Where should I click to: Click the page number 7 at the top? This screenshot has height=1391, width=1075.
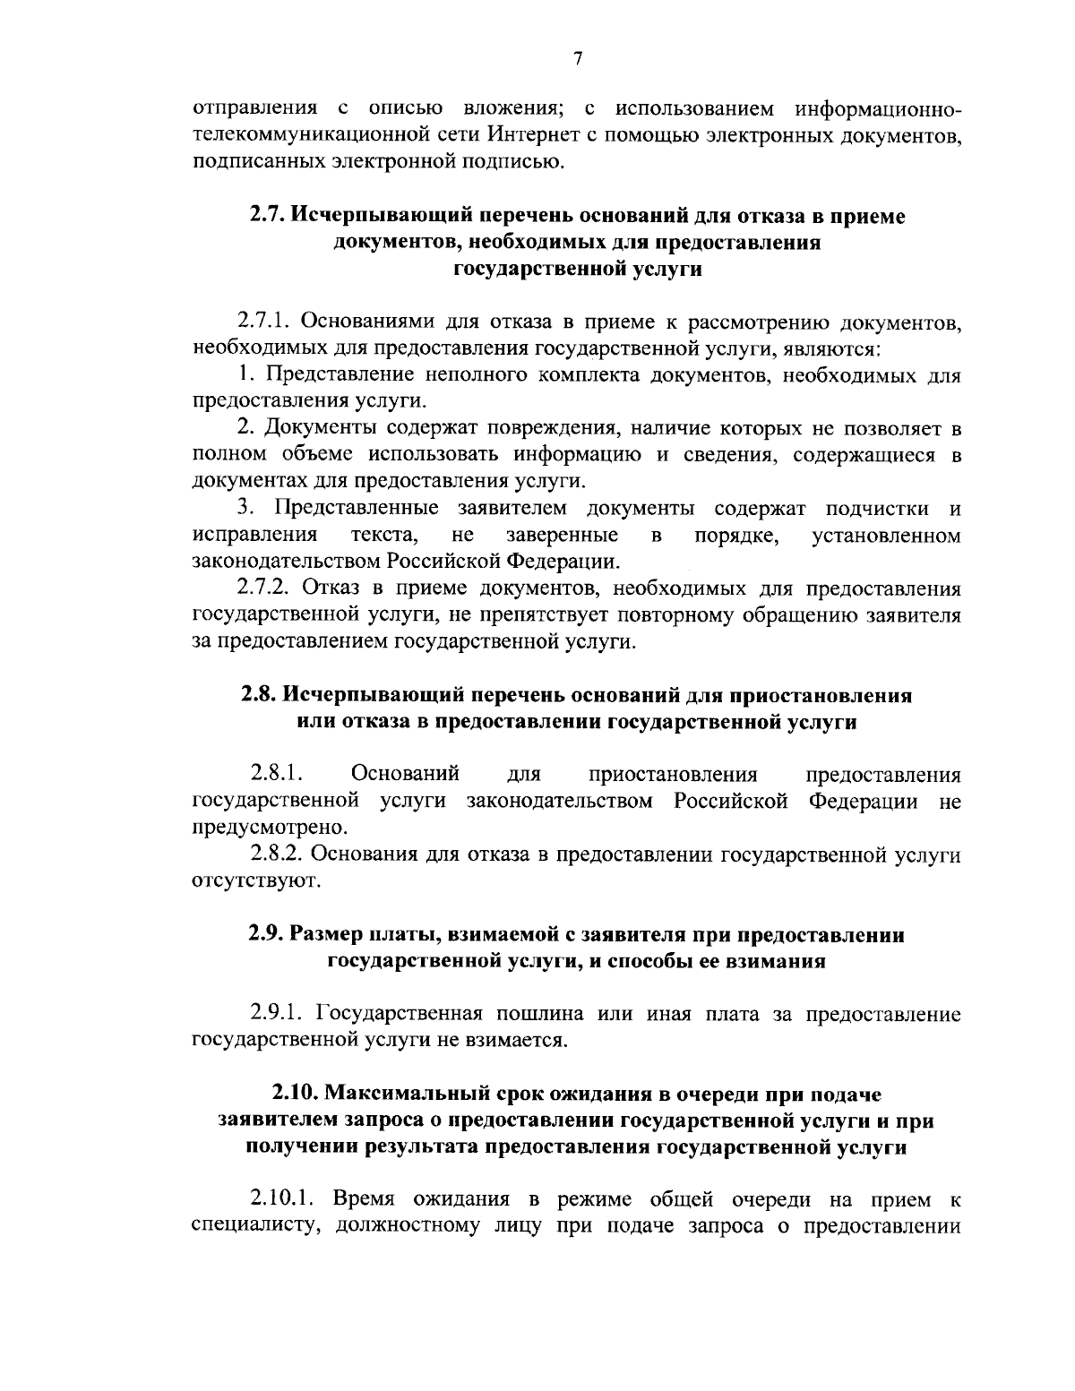point(578,60)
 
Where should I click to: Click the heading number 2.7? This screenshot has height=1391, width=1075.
point(267,217)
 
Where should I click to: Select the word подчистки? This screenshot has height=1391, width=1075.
point(876,510)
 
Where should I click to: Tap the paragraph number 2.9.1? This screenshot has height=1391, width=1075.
point(279,1015)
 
